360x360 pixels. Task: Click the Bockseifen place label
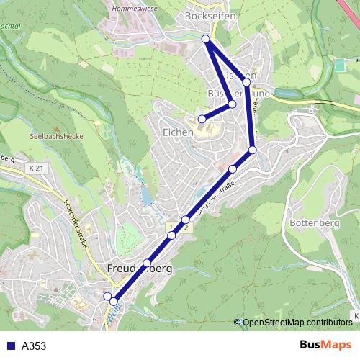click(210, 14)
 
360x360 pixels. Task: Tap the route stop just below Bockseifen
click(206, 39)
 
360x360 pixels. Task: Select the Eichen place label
click(177, 132)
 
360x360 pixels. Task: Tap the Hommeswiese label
click(135, 9)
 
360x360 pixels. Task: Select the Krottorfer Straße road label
click(76, 222)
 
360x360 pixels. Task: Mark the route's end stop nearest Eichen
click(202, 119)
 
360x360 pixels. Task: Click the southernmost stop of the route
click(114, 300)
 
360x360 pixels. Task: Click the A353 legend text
click(34, 346)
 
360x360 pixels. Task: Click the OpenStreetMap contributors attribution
click(297, 323)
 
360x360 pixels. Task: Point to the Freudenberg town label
click(140, 269)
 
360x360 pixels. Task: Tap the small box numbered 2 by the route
click(186, 228)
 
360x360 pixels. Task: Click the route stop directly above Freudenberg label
click(148, 262)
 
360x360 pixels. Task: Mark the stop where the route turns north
click(253, 150)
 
